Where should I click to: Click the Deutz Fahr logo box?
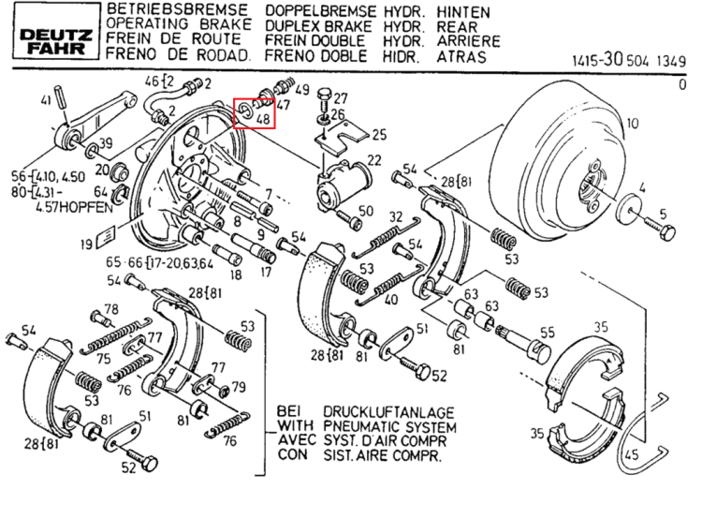pos(56,31)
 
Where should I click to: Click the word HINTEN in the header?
pos(463,12)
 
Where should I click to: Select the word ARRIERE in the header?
pos(468,41)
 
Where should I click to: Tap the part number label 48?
pos(263,119)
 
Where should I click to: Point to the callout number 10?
pos(632,124)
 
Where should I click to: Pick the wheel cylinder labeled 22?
pos(342,186)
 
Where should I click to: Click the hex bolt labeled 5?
pos(660,228)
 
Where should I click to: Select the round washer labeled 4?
pos(629,206)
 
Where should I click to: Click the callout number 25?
pos(379,135)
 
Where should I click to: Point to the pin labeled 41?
pos(61,96)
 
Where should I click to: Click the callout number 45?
pos(631,455)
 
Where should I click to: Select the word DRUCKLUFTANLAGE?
pos(389,412)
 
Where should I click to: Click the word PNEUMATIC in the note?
pos(361,426)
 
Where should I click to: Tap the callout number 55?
pos(548,333)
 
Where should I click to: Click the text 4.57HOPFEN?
pos(74,207)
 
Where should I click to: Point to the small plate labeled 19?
pos(106,235)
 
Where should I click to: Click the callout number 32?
pos(396,217)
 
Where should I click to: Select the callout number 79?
pos(239,387)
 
